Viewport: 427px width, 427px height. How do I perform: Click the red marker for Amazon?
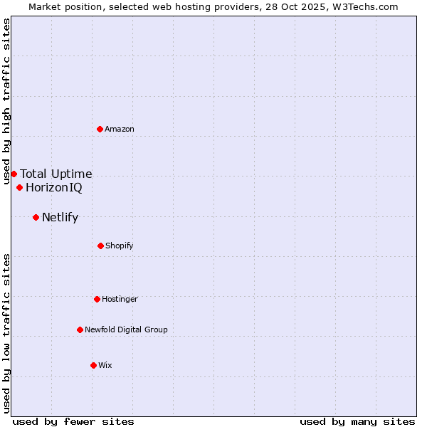click(x=100, y=129)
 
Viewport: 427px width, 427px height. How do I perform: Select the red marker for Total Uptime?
click(x=14, y=174)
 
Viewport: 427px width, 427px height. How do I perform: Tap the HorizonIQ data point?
click(x=19, y=188)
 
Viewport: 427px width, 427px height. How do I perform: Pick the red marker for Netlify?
click(x=36, y=217)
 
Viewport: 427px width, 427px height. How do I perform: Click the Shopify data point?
click(x=100, y=246)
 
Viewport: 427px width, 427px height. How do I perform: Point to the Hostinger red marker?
click(x=97, y=299)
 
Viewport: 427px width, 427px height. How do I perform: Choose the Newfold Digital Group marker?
click(x=80, y=330)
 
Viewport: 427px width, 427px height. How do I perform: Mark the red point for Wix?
click(x=93, y=365)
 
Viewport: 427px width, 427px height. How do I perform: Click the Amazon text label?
click(x=120, y=129)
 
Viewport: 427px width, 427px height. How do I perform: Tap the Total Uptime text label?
click(x=56, y=174)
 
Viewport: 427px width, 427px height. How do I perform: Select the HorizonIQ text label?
click(x=54, y=188)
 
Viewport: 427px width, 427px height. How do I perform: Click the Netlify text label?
click(x=60, y=217)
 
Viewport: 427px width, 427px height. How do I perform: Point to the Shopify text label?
click(x=120, y=246)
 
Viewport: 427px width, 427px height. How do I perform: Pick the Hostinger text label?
click(x=120, y=299)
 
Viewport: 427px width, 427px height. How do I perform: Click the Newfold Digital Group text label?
click(x=126, y=330)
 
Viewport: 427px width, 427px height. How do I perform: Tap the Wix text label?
click(x=105, y=365)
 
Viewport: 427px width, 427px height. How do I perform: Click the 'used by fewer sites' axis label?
click(x=73, y=421)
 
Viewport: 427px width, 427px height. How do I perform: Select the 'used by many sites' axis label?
click(x=357, y=421)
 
